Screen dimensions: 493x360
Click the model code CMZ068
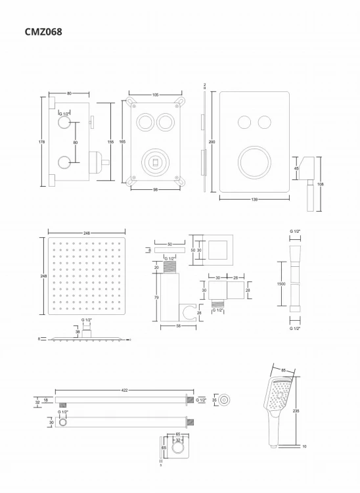43,31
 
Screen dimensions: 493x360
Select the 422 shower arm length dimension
125,390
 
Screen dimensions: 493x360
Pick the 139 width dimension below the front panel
253,200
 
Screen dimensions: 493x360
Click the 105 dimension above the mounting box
155,95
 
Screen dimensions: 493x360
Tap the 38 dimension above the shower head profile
79,332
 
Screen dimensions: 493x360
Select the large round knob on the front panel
254,162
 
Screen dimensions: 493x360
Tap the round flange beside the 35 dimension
227,399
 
